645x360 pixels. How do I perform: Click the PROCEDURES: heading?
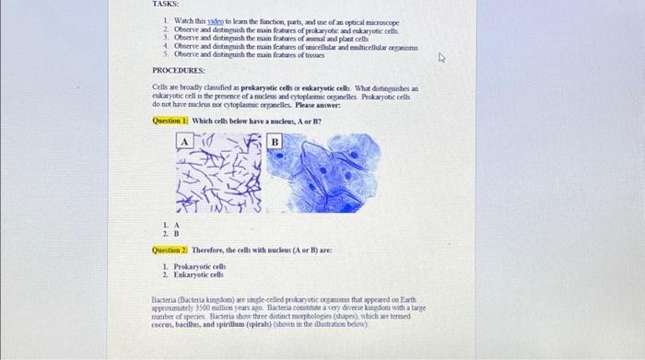click(x=179, y=70)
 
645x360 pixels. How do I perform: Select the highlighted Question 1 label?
click(x=170, y=122)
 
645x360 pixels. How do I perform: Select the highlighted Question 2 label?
click(x=170, y=250)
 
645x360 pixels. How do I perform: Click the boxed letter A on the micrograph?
click(x=184, y=142)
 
